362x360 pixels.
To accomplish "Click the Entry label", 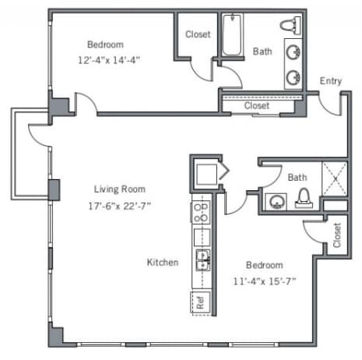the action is tap(331, 81).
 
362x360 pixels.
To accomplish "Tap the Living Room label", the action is tap(120, 189).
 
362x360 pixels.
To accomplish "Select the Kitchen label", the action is tap(163, 263).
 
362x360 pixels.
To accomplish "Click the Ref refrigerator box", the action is tap(200, 303).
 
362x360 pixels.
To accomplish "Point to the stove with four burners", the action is tap(201, 212).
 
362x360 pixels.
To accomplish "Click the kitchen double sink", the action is tap(202, 260).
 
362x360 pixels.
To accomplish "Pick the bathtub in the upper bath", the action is tap(232, 34).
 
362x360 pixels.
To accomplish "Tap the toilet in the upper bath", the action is tap(290, 26).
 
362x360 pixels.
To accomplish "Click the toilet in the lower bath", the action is tap(304, 199).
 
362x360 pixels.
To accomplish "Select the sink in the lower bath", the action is tap(276, 202).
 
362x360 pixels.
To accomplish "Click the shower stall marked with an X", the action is tap(335, 178).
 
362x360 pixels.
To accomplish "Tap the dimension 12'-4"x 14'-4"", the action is tap(109, 60).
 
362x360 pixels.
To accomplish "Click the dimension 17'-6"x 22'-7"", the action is tap(120, 206).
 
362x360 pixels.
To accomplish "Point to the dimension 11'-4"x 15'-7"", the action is tap(265, 281).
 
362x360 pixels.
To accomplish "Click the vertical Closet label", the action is tap(337, 235).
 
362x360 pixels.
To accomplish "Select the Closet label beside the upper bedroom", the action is tap(198, 34).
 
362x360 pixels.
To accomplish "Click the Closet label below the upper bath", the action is tap(257, 106).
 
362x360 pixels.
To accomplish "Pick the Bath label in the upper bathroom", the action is tap(262, 51).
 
